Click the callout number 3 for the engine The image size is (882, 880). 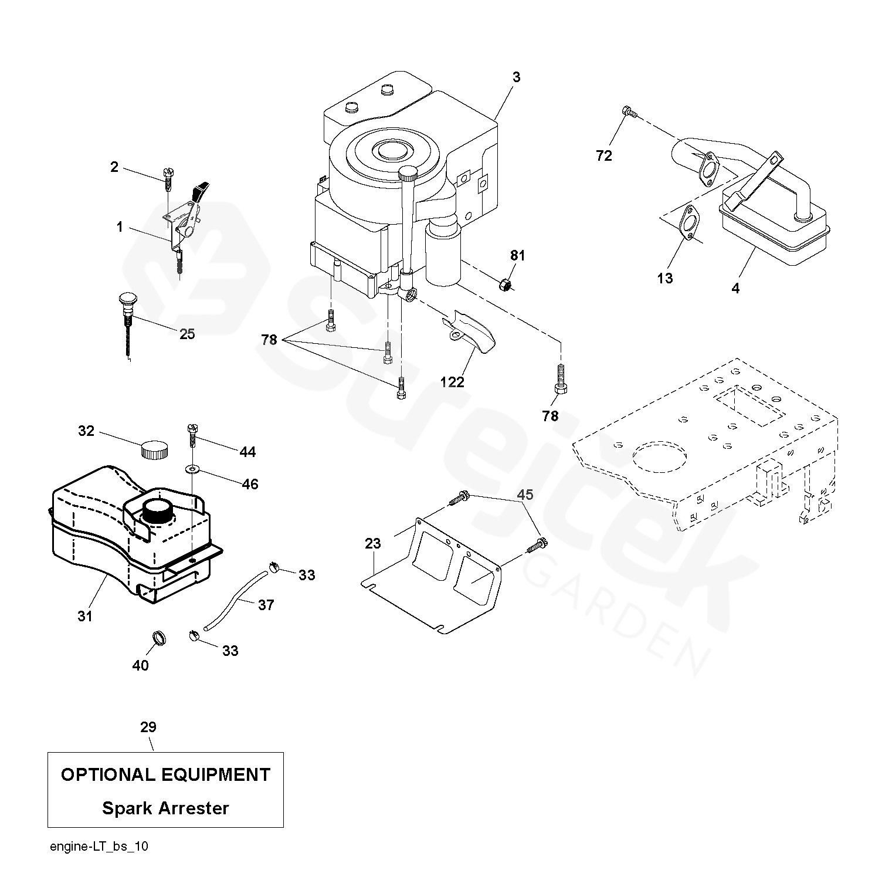515,77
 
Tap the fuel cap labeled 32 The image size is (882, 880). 154,451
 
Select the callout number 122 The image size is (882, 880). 452,383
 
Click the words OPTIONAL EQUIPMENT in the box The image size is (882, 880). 165,774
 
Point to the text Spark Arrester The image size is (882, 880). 165,808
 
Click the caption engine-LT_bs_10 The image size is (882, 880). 99,846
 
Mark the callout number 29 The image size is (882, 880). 148,727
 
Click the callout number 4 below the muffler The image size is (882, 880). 735,288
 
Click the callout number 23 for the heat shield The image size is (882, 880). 373,543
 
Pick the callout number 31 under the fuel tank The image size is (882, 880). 85,616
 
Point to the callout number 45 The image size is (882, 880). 525,495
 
